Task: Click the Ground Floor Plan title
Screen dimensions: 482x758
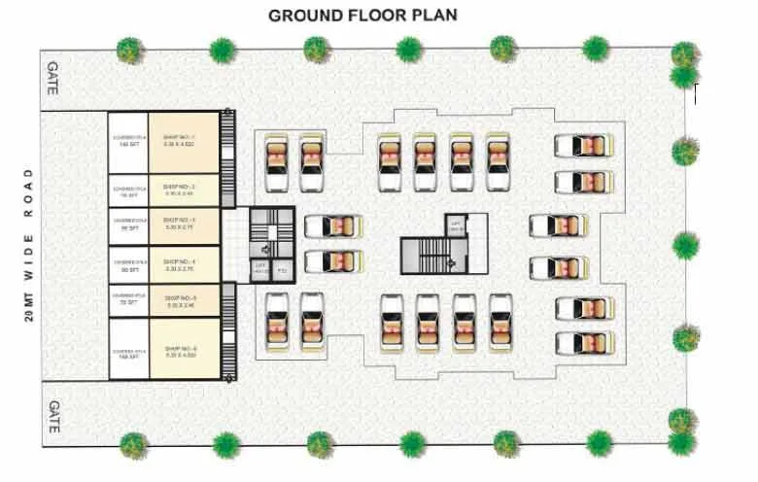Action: [x=362, y=16]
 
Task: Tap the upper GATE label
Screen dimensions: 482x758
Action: [x=54, y=79]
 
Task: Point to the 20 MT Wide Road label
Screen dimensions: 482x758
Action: [x=30, y=244]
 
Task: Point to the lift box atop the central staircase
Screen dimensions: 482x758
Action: [x=454, y=224]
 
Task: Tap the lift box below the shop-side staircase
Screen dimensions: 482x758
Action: [x=260, y=269]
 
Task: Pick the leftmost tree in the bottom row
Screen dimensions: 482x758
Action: [x=133, y=445]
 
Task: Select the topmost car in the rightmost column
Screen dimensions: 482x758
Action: [x=580, y=146]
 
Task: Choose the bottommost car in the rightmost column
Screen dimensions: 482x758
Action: [x=581, y=343]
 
